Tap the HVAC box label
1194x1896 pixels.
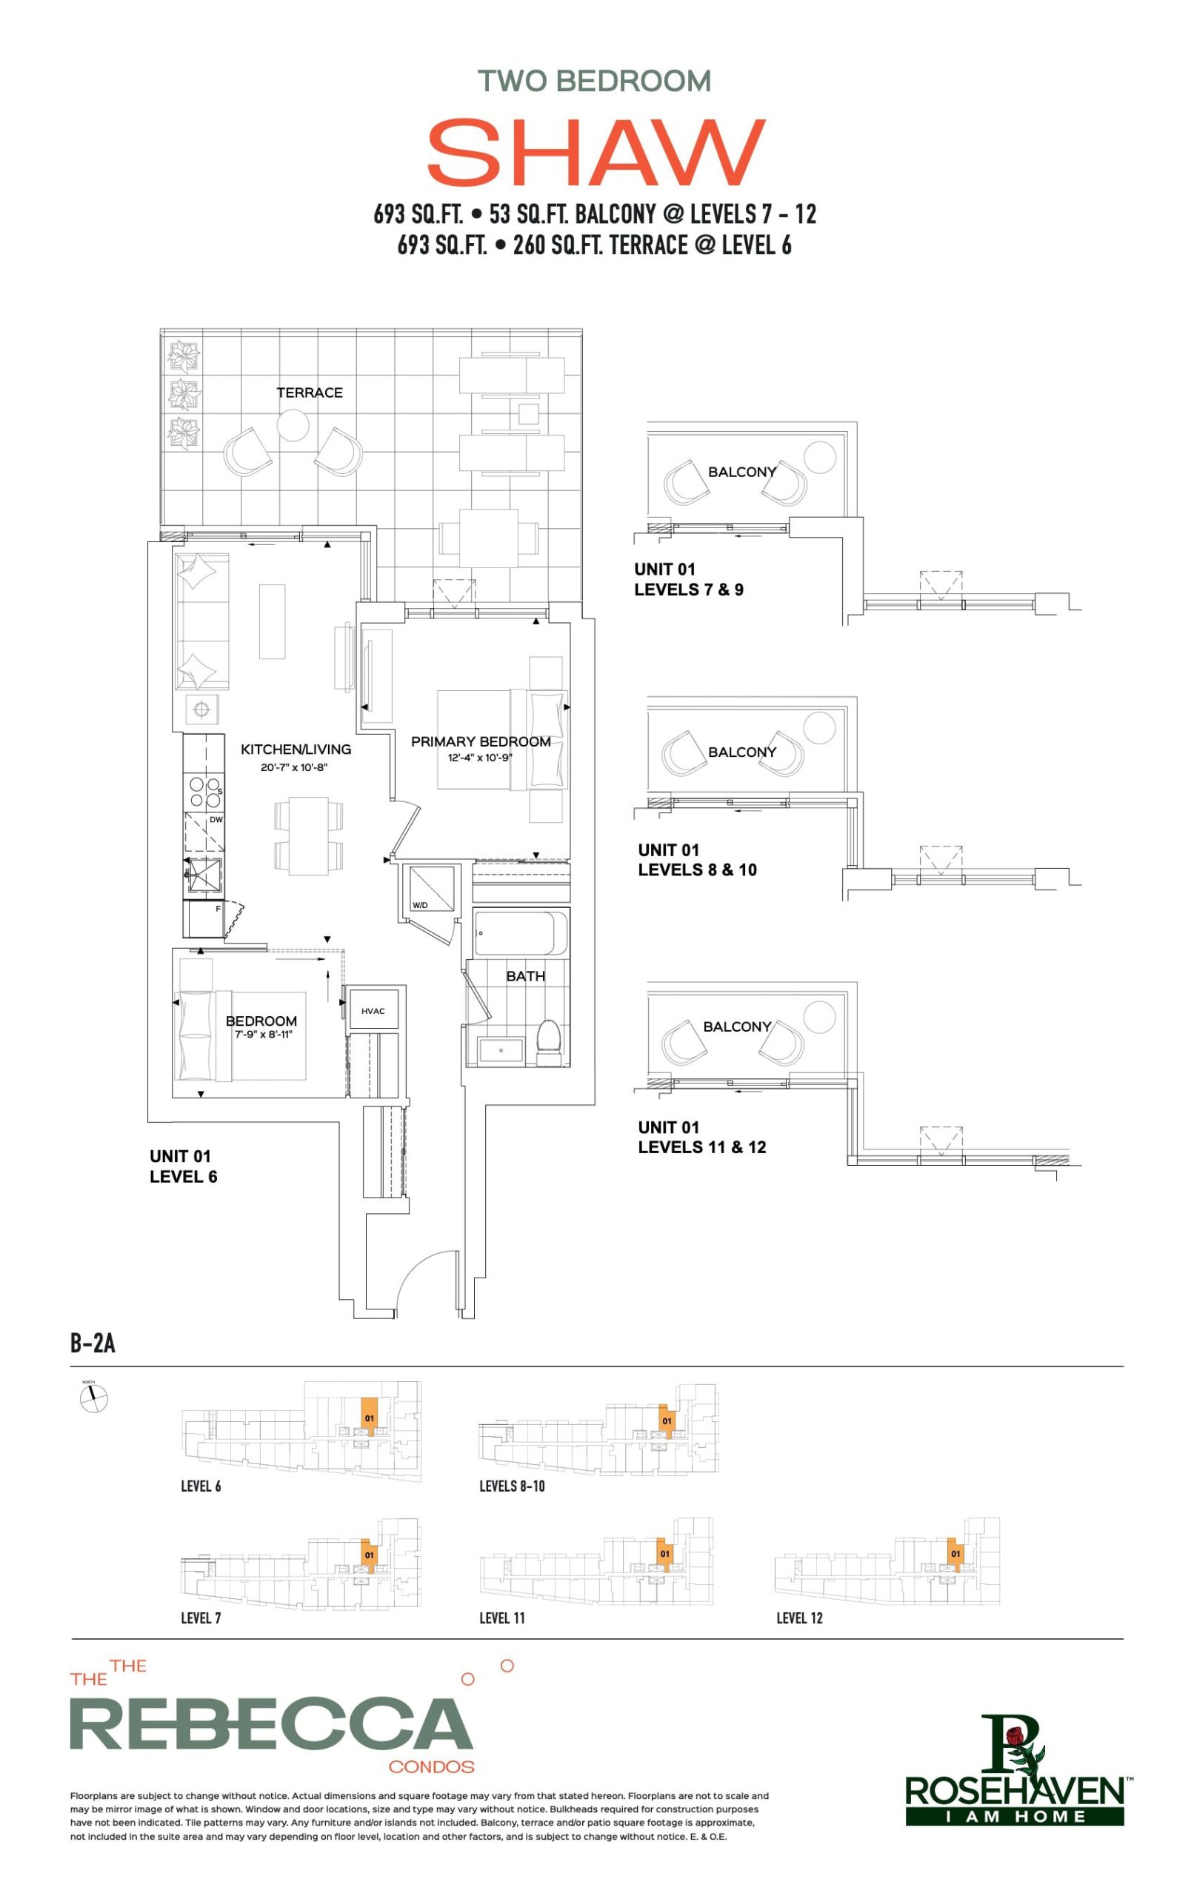tap(373, 1011)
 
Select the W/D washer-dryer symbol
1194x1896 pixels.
tap(428, 890)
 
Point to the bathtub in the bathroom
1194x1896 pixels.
tap(521, 933)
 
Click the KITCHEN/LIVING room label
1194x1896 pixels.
tap(296, 749)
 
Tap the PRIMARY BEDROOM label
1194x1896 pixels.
tap(481, 741)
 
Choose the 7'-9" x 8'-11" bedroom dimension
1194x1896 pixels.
tap(263, 1034)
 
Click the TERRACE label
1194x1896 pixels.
tap(310, 392)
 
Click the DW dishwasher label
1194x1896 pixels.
tap(216, 820)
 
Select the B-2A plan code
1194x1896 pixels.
tap(93, 1343)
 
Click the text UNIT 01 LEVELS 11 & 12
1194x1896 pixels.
tap(701, 1137)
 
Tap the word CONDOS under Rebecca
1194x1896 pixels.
tap(432, 1766)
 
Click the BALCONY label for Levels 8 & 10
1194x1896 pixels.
tap(742, 752)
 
